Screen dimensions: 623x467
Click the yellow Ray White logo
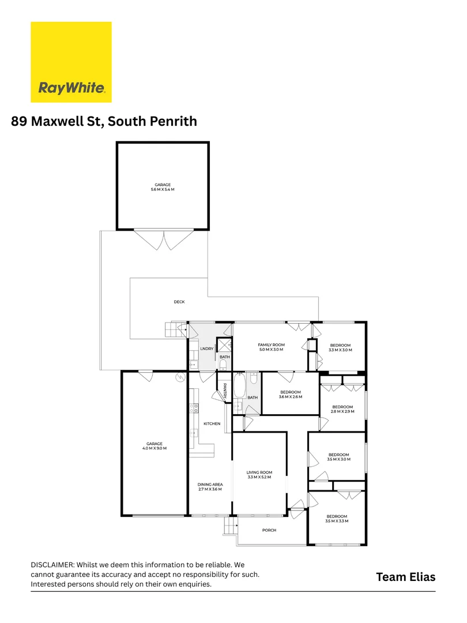(x=71, y=62)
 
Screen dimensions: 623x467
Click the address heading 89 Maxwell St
(x=104, y=122)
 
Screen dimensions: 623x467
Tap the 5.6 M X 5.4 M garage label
(x=164, y=187)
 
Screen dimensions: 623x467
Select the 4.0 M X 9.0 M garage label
(x=153, y=446)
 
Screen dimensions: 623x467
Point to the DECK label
(x=179, y=302)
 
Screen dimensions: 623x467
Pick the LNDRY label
(x=206, y=349)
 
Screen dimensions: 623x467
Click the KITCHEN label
(x=212, y=424)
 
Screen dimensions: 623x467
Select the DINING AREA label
(x=210, y=487)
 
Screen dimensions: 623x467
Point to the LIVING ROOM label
(x=259, y=475)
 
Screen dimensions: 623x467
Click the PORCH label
(x=269, y=530)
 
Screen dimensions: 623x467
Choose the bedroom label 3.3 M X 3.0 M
(x=340, y=348)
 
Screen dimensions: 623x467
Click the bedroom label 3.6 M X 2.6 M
(x=290, y=395)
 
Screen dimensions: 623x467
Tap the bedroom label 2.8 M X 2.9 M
(x=342, y=409)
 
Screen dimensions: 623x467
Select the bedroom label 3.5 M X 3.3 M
(x=337, y=519)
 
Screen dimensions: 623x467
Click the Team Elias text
(x=406, y=577)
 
